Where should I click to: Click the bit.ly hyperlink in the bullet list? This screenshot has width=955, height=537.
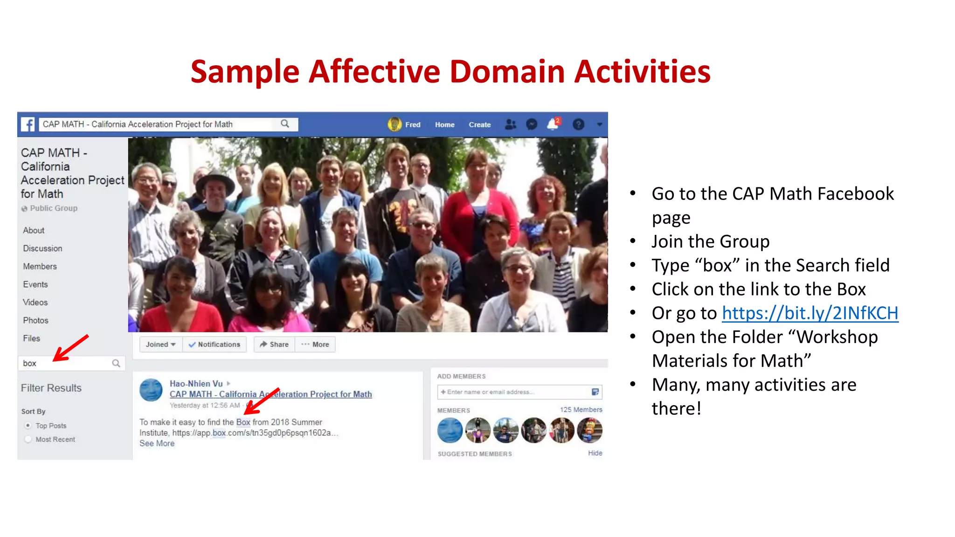pos(810,313)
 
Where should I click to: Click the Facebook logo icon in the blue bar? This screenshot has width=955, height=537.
pos(28,124)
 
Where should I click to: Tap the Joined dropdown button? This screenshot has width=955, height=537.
pos(160,344)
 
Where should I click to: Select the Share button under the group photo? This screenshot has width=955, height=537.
pos(274,344)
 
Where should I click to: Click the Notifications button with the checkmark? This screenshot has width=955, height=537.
pos(215,344)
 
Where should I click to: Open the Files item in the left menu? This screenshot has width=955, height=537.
pos(32,338)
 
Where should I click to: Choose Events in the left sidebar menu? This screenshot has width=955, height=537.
pos(35,284)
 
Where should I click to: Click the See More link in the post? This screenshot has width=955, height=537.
pos(157,443)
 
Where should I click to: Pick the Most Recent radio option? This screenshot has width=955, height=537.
pos(28,439)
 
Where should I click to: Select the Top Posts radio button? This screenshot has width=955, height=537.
pos(28,426)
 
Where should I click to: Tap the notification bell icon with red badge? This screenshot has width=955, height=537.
pos(553,124)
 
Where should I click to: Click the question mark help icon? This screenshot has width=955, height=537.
pos(578,124)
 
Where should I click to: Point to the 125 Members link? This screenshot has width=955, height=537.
pos(581,410)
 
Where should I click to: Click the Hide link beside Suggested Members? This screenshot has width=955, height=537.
pos(595,453)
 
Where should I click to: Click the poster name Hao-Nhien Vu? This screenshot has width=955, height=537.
pos(196,384)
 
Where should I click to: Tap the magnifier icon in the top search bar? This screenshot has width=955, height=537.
pos(285,124)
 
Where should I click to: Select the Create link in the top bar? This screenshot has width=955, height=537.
pos(479,125)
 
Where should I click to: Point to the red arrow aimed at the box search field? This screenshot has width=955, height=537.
pos(70,348)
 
